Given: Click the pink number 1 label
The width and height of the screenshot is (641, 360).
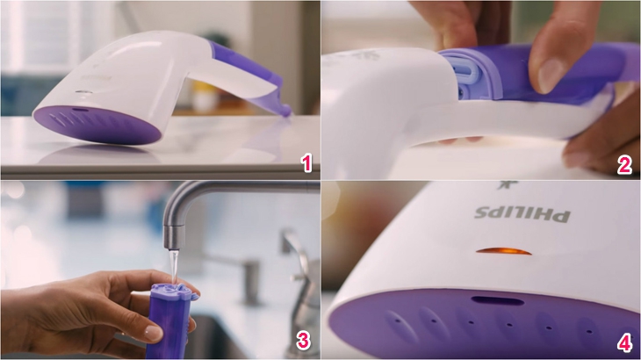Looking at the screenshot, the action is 306,163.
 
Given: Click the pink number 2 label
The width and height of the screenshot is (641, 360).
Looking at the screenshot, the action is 624,165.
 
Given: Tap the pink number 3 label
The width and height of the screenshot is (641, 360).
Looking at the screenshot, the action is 303,341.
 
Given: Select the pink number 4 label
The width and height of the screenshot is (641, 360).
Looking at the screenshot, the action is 624,343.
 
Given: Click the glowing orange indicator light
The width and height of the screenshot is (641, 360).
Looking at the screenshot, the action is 504,251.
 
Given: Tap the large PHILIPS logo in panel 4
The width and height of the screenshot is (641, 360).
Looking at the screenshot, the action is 522,214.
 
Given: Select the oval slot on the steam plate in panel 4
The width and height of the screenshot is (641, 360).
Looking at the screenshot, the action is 498,301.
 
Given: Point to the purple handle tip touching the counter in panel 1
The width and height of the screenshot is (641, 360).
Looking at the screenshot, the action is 286,112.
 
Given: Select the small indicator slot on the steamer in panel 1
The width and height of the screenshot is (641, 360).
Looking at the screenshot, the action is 83,92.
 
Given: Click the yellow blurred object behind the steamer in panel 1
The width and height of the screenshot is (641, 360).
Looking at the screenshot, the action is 204,97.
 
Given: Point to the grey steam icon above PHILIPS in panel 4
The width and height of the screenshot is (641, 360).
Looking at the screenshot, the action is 508,185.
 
